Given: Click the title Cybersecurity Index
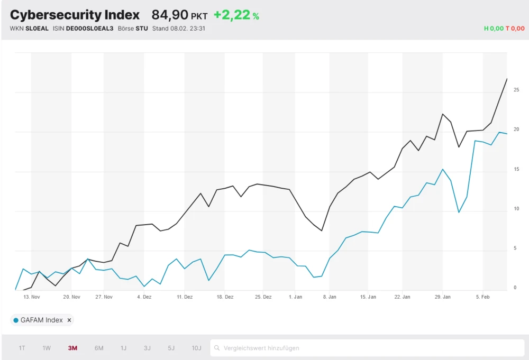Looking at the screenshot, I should (75, 15).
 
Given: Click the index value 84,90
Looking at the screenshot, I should (170, 15).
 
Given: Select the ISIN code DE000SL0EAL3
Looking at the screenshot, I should (90, 29).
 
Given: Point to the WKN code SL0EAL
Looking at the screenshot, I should (37, 29).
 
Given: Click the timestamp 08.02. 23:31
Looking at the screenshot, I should (188, 29).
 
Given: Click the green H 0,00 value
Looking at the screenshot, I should (494, 29).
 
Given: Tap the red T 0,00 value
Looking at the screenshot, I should (515, 29).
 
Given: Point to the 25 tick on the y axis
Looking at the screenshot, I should (516, 90).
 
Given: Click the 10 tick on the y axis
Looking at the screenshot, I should (516, 209).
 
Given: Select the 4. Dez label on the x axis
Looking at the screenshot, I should (144, 297).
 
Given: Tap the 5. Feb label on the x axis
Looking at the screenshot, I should (482, 297).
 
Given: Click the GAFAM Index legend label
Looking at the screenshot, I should (41, 320).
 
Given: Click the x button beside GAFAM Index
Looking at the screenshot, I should (69, 320).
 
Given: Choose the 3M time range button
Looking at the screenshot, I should (72, 348).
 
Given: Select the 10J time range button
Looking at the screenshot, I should (196, 348).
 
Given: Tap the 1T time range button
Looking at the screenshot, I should (22, 348).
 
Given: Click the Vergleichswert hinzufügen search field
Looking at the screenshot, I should (367, 348).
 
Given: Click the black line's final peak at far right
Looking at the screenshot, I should (507, 79).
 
